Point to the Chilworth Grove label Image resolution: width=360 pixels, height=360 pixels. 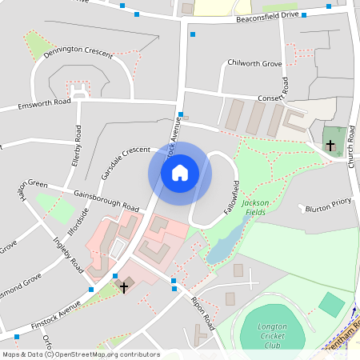click(x=255, y=62)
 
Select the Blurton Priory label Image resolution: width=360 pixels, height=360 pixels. click(x=328, y=206)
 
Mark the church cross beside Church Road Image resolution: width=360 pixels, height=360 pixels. click(x=330, y=145)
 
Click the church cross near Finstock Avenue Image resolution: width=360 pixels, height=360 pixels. click(x=123, y=286)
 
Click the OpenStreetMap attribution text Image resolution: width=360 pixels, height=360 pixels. click(x=81, y=354)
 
